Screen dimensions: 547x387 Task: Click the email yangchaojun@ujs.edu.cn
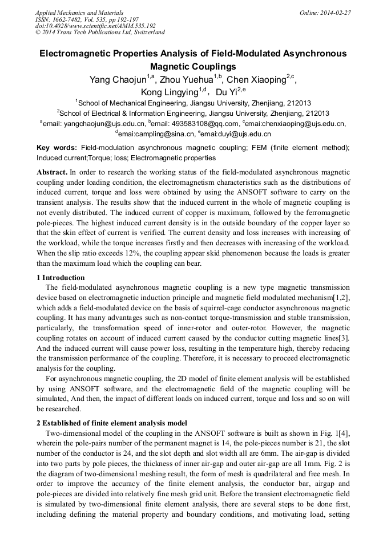(106, 123)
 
